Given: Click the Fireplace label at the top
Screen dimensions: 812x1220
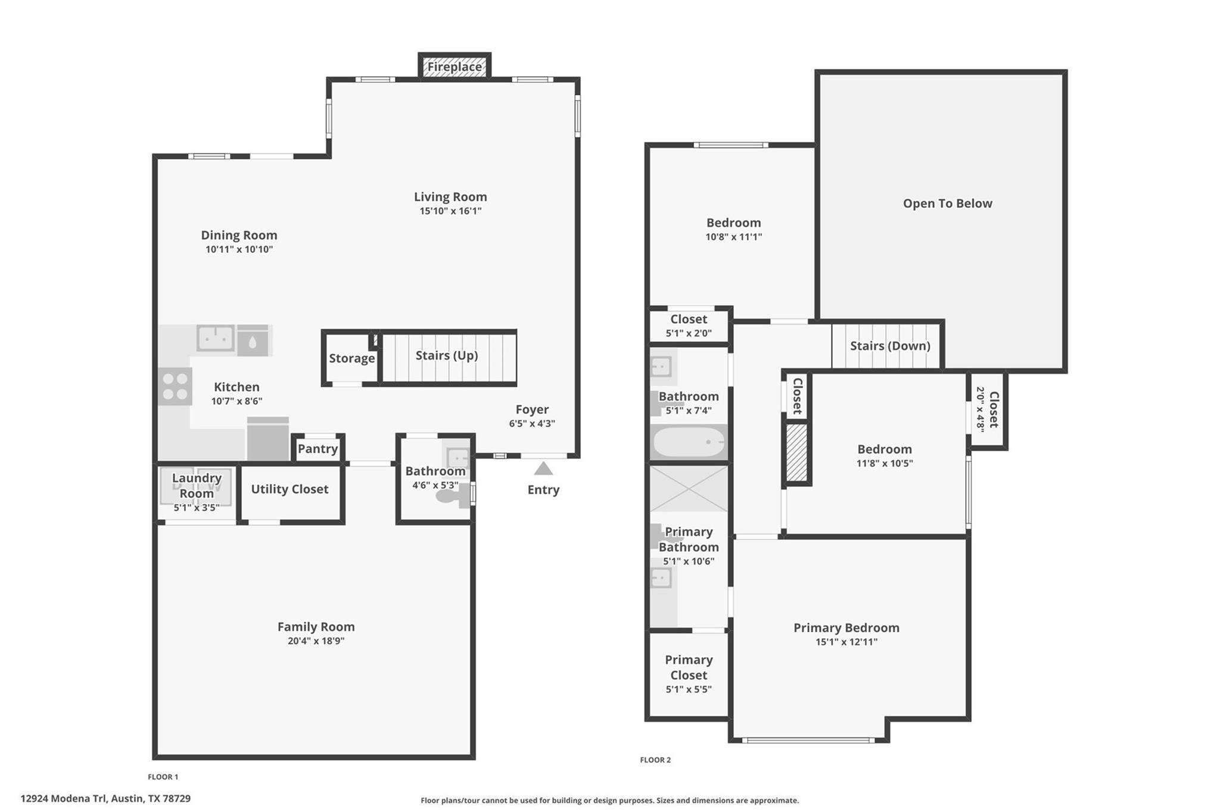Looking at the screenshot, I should [454, 67].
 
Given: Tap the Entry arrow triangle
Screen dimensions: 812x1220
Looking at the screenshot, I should [543, 469].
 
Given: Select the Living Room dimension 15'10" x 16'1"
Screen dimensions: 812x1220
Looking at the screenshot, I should [450, 211].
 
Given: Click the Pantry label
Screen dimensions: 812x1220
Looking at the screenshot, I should [318, 449].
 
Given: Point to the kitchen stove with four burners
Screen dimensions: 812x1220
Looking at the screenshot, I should [175, 386].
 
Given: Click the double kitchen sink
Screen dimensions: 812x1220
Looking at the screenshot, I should [215, 338].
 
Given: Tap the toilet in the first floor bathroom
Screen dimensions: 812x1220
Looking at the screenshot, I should [450, 496].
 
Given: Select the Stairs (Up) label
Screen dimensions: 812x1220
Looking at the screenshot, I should [447, 355].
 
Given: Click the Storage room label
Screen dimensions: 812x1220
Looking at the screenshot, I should [351, 358].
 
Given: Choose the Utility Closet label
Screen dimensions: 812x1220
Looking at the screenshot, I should [290, 489].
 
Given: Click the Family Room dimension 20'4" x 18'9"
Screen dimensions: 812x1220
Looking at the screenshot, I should [316, 641].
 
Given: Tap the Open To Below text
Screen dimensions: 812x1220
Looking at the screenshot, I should [947, 204].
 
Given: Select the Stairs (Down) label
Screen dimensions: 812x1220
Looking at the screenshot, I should [889, 346].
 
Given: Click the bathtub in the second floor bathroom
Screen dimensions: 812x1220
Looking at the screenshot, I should [688, 442].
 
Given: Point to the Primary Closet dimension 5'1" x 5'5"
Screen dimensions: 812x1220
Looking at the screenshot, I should [689, 689].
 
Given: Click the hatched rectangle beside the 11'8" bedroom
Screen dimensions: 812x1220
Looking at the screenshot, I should [796, 452].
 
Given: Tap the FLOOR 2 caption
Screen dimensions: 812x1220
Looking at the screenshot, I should [655, 760].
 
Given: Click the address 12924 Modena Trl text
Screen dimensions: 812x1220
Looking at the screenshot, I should [105, 798].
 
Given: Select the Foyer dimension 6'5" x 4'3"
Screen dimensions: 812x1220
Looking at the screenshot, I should [532, 424].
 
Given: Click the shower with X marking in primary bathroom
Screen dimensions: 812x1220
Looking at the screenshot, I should [688, 489].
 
